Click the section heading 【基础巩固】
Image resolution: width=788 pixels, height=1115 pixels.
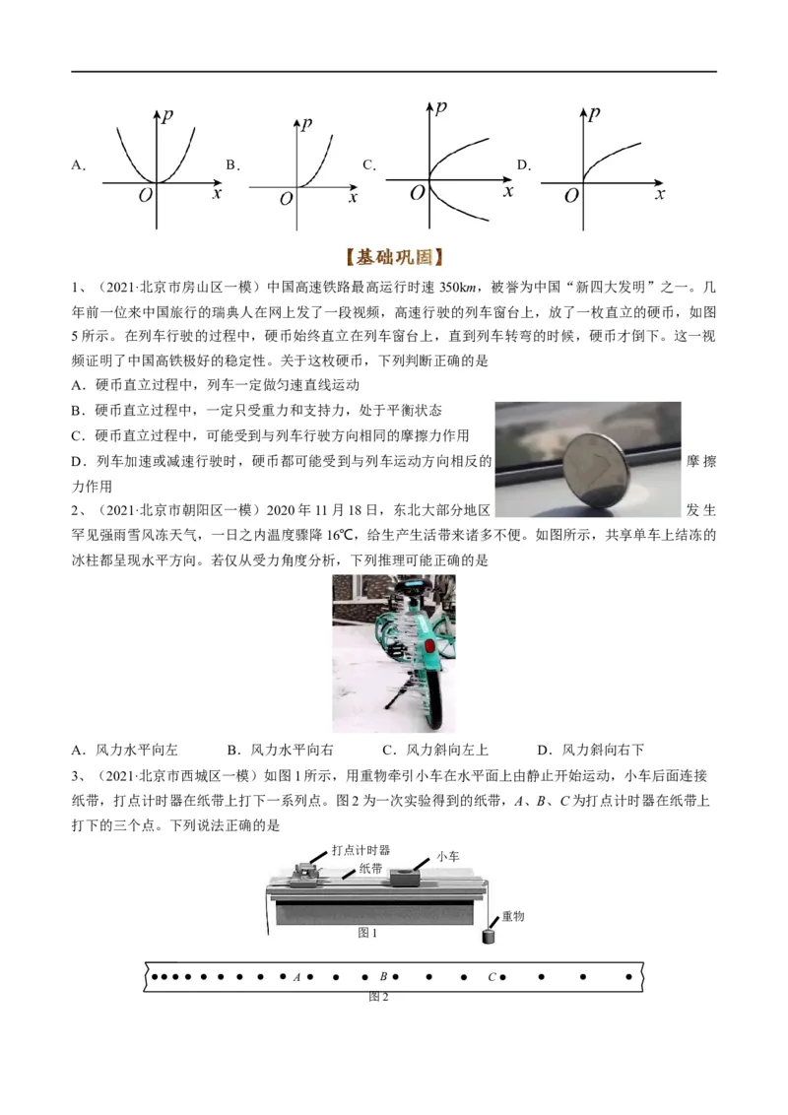(394, 258)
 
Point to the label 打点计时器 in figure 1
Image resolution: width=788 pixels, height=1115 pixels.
(361, 848)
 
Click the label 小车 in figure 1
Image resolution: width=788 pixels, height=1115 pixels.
(447, 857)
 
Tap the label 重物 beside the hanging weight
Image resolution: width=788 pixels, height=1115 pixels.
(512, 916)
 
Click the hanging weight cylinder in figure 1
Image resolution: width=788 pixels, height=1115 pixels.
(488, 937)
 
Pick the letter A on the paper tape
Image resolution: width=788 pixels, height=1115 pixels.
(296, 977)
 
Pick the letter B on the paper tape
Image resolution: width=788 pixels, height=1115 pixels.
(383, 977)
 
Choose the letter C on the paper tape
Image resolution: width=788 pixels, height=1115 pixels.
(492, 977)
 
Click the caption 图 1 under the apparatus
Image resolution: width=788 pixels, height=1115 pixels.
(367, 932)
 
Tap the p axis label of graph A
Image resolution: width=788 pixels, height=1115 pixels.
(170, 116)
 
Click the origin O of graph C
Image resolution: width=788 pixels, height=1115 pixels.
(417, 194)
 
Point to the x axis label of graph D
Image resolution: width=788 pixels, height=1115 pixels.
(660, 194)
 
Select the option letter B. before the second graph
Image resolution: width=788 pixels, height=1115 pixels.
(232, 165)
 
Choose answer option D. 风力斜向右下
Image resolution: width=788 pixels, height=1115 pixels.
(590, 750)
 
